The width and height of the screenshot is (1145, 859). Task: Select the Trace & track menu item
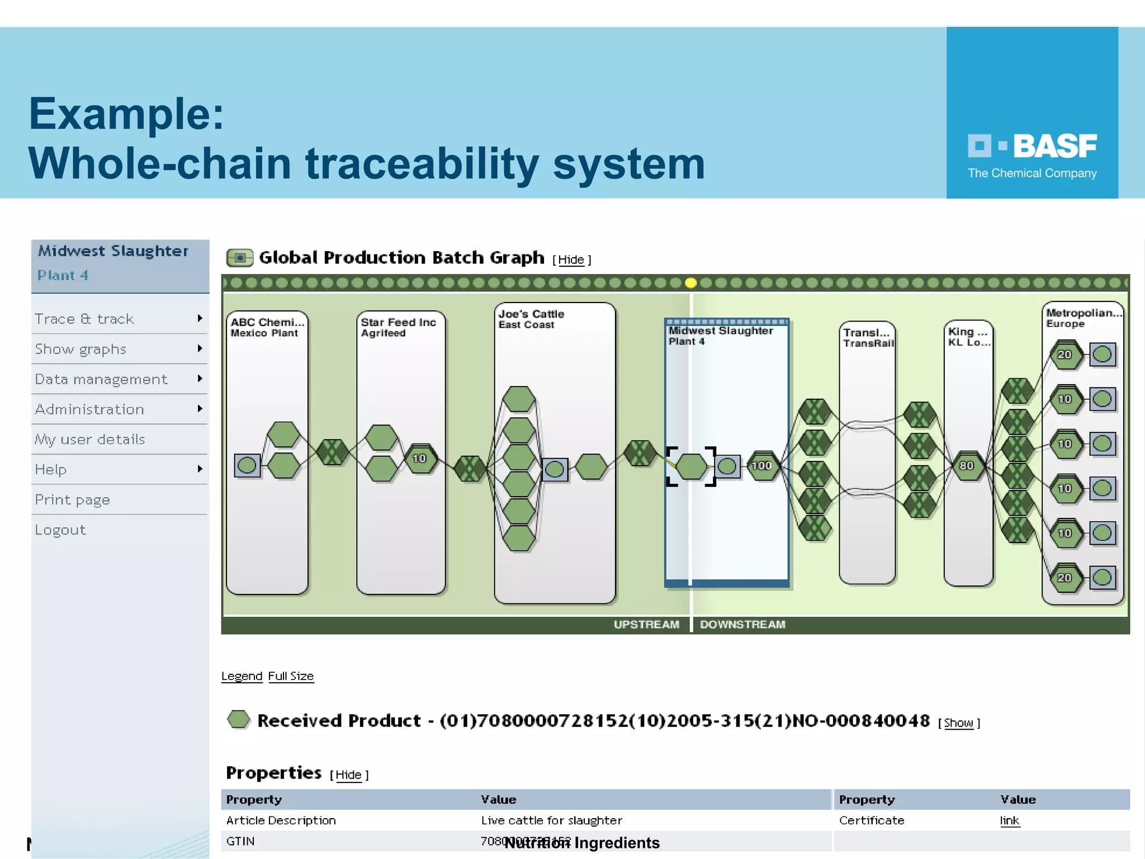84,319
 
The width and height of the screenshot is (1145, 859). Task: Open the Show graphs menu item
81,349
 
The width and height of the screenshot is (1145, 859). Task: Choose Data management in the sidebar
101,379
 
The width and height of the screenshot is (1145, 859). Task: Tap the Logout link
60,530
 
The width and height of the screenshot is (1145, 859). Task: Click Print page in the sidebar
73,499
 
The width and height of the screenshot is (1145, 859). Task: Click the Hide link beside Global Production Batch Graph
571,259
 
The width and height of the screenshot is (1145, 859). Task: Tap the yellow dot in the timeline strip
690,283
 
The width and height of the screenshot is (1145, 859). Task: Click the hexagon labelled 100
761,466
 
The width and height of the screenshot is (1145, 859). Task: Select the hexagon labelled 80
967,466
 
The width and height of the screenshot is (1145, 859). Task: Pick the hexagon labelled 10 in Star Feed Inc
419,459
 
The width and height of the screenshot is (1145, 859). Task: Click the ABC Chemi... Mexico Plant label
267,327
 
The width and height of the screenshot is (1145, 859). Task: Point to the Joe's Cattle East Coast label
531,319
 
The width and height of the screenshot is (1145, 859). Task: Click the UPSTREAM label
646,624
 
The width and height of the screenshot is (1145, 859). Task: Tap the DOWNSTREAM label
742,624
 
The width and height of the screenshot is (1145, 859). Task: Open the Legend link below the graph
242,676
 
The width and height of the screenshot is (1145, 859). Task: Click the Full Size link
291,676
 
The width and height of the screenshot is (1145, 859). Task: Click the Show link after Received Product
958,723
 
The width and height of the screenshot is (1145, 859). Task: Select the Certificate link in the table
1009,820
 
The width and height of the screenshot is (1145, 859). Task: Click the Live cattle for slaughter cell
551,820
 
